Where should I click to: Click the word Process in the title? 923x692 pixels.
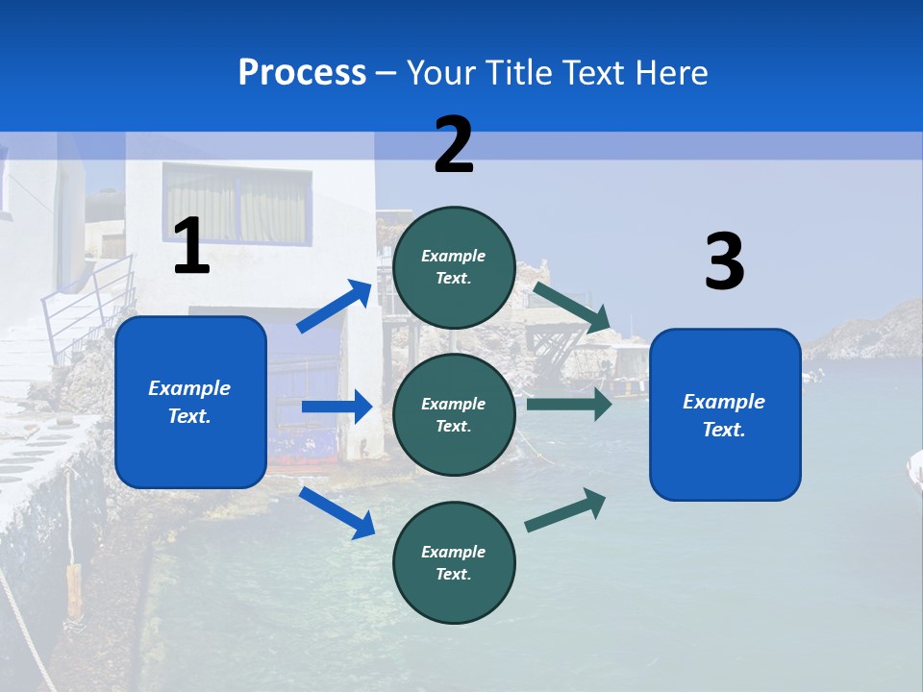(302, 72)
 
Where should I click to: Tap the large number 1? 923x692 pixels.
(191, 247)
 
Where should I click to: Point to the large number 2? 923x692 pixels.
(454, 145)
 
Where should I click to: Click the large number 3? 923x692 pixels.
(724, 261)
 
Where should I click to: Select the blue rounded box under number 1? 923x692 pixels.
(190, 402)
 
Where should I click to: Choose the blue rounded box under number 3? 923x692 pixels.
(725, 414)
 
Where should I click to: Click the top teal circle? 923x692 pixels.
(454, 267)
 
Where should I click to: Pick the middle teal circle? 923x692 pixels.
(454, 414)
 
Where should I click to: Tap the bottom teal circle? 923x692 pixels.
(454, 562)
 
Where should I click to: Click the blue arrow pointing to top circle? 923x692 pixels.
(334, 307)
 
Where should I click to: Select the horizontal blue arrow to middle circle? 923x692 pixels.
(337, 407)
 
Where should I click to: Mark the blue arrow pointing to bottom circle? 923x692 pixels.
(337, 512)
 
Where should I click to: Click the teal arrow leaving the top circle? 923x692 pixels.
(571, 308)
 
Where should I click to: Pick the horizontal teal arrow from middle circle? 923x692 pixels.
(568, 404)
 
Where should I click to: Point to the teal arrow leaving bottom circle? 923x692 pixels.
(565, 509)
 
